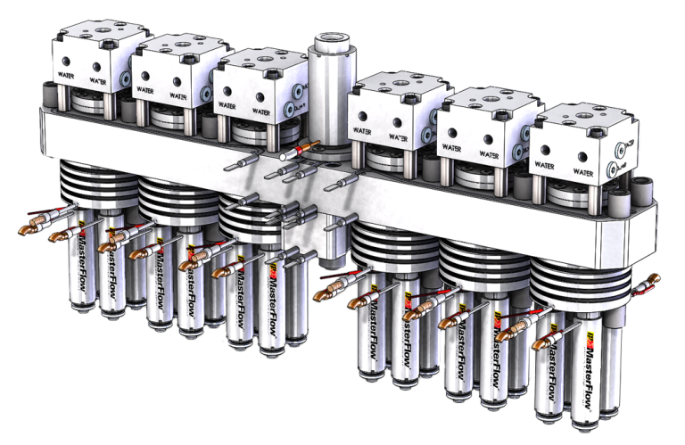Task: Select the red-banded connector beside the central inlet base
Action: [293, 152]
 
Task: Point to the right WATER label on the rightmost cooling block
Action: [583, 165]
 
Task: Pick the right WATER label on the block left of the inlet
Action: [261, 112]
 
